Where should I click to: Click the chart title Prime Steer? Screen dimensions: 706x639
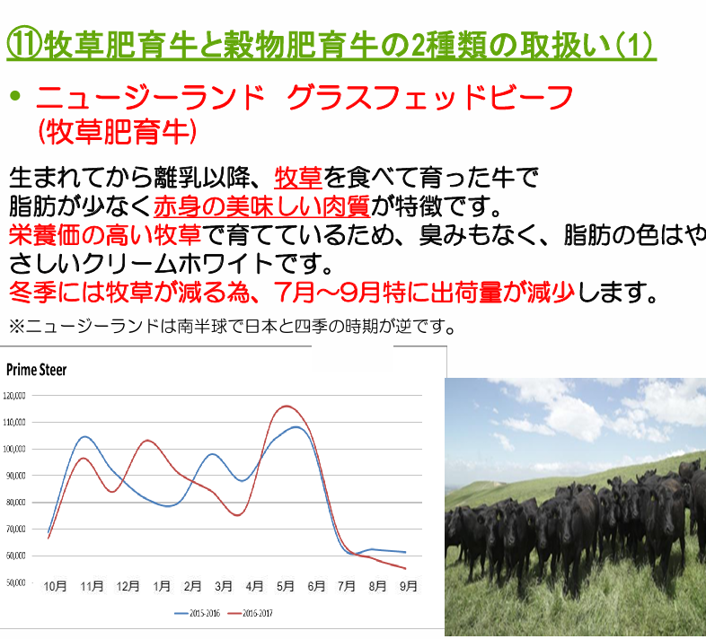click(x=37, y=370)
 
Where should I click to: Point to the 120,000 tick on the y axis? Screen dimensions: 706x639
click(x=14, y=396)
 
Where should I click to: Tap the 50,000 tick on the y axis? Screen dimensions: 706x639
click(x=15, y=582)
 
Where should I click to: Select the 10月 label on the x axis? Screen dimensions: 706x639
click(x=56, y=586)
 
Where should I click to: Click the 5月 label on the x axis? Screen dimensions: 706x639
click(x=285, y=586)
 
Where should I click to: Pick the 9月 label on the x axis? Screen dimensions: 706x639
click(x=409, y=586)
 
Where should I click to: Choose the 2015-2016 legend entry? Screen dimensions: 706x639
click(x=198, y=613)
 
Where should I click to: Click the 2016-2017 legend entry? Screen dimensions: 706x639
click(x=251, y=613)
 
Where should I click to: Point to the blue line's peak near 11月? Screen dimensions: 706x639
click(x=84, y=437)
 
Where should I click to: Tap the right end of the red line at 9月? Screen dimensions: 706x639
click(x=406, y=569)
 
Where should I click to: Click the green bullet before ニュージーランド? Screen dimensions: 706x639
click(x=15, y=95)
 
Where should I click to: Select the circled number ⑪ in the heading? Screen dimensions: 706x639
click(x=24, y=45)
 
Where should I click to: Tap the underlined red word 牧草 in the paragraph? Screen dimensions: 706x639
click(x=298, y=178)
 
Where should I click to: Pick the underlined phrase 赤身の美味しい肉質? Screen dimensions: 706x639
click(x=262, y=206)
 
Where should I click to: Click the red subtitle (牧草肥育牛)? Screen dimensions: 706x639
click(x=118, y=132)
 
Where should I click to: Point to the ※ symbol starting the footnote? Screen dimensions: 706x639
click(x=17, y=327)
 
